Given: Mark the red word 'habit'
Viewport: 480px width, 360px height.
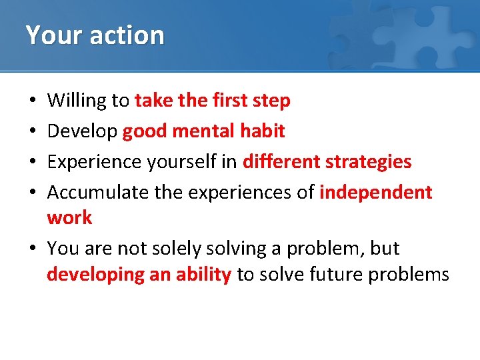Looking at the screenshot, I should point(262,131).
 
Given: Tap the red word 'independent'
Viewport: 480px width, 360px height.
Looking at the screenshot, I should point(376,193).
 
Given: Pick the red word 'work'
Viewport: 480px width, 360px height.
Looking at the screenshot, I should point(69,217).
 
